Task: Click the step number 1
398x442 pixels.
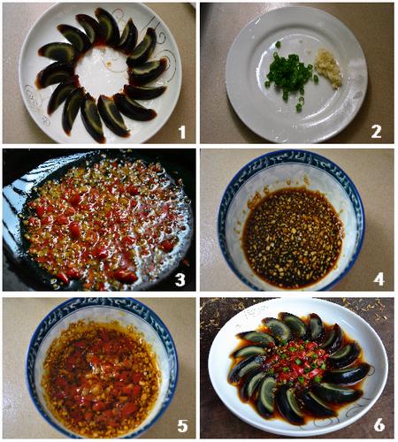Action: pos(182,133)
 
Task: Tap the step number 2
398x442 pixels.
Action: pos(376,132)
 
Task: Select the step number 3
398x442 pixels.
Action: pos(180,279)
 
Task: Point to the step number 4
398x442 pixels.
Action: pos(379,278)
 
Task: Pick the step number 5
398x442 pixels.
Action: pos(182,426)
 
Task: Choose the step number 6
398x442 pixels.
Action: pos(379,425)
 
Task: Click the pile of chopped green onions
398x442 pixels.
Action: pos(289,73)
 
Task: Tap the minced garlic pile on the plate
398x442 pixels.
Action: pos(328,68)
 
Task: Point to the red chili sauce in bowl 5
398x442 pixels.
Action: pos(100,380)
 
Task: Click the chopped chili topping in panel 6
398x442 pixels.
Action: pos(298,360)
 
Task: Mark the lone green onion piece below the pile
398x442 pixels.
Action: pos(299,108)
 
